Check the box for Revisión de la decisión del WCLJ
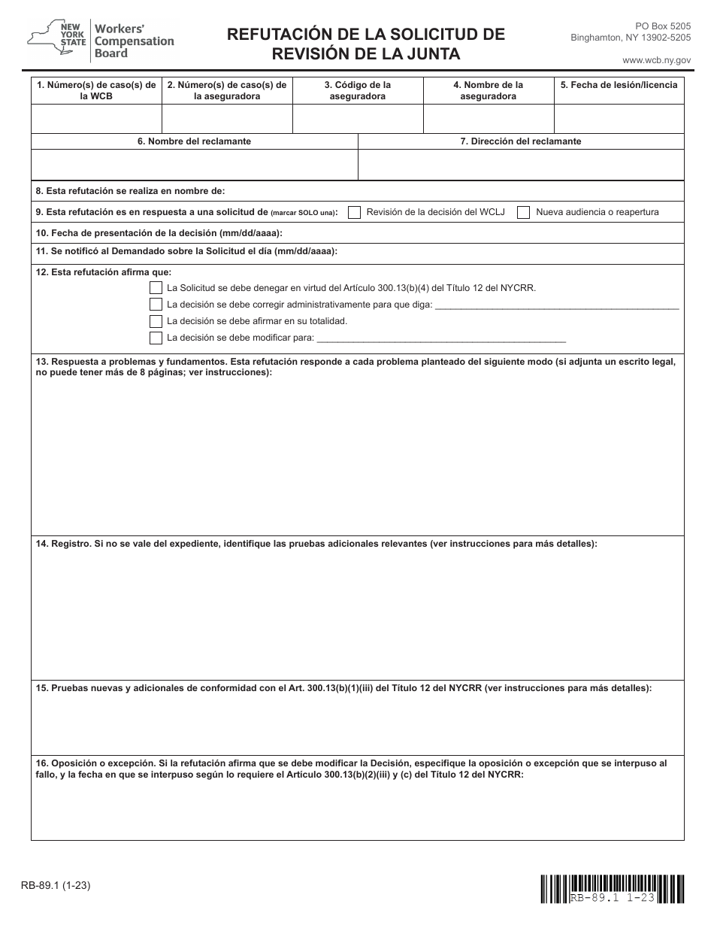click(x=354, y=212)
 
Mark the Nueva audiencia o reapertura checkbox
click(x=524, y=212)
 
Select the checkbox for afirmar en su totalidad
click(x=156, y=321)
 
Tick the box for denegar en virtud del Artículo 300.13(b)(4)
click(x=156, y=288)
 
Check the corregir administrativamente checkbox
click(x=156, y=305)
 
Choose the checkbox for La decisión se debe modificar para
click(x=156, y=338)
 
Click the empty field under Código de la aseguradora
click(x=358, y=119)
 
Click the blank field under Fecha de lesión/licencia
click(x=619, y=119)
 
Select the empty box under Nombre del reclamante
click(x=194, y=165)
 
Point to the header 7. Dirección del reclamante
click(x=520, y=141)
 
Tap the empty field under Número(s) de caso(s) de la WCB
click(x=96, y=119)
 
